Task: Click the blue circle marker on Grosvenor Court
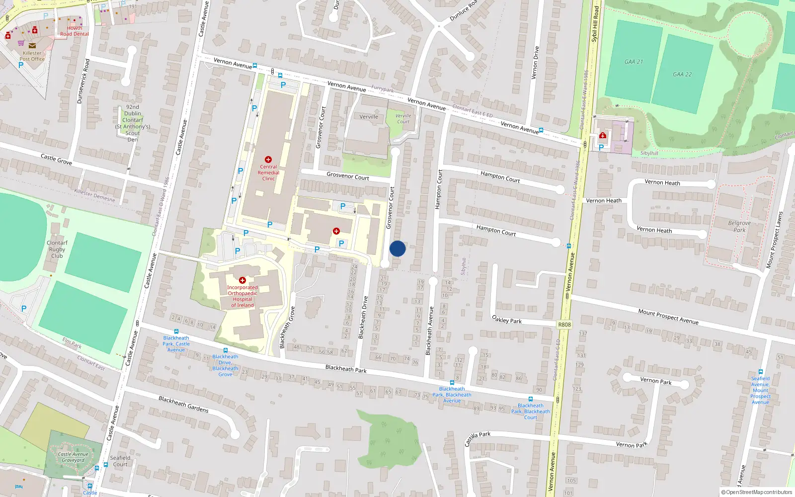[x=397, y=248]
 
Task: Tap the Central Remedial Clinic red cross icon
[x=268, y=160]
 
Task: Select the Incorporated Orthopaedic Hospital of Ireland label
[x=242, y=296]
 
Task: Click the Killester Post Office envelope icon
[x=32, y=46]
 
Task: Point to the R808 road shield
[x=564, y=325]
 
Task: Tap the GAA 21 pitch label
[x=634, y=62]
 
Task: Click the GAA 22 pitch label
[x=682, y=74]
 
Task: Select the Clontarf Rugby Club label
[x=57, y=249]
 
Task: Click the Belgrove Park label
[x=739, y=226]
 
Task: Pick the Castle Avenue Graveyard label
[x=73, y=457]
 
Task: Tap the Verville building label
[x=369, y=117]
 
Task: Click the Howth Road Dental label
[x=75, y=31]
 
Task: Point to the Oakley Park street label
[x=507, y=319]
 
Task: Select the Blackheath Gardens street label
[x=183, y=404]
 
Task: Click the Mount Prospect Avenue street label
[x=668, y=317]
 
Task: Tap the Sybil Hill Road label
[x=595, y=24]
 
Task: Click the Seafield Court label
[x=120, y=461]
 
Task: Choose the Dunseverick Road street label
[x=83, y=81]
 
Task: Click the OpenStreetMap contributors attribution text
[x=757, y=492]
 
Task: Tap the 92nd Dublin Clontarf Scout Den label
[x=133, y=123]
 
